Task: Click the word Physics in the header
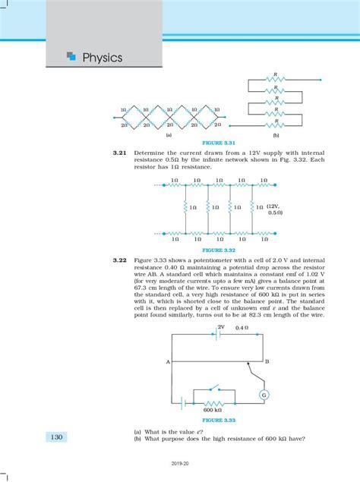click(x=102, y=58)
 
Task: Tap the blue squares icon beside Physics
click(x=71, y=55)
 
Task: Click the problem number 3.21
click(x=118, y=152)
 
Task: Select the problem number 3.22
click(x=118, y=259)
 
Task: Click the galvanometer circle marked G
click(x=264, y=395)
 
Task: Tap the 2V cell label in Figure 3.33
click(x=221, y=328)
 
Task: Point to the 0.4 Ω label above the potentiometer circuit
click(x=242, y=328)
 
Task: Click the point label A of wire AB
click(x=166, y=362)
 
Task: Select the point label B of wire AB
click(x=267, y=362)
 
